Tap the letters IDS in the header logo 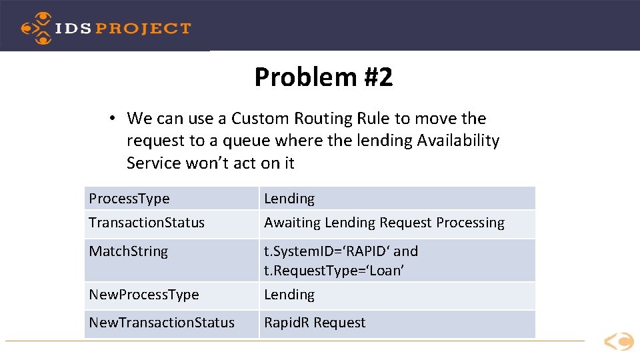coord(74,29)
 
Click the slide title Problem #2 coord(323,77)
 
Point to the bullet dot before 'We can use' coord(114,119)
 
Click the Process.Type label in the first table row coord(129,199)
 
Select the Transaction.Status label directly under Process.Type coord(147,223)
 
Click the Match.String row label coord(129,251)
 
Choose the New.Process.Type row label coord(143,295)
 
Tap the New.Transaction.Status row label coord(161,323)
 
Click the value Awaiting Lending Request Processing coord(384,223)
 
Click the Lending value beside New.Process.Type coord(289,295)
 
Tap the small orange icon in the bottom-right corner coord(619,342)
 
